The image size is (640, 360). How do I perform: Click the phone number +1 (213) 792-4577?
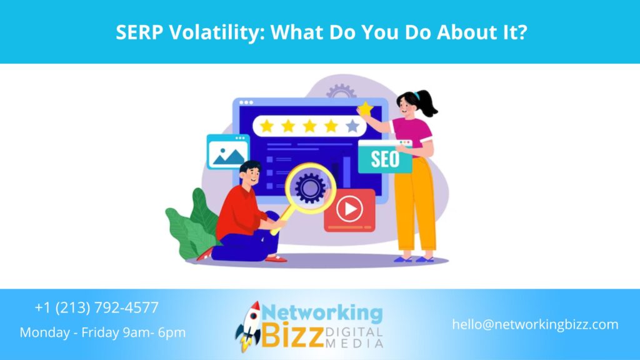(x=97, y=307)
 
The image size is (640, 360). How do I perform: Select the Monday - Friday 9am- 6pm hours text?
(x=102, y=332)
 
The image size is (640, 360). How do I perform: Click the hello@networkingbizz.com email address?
(x=535, y=324)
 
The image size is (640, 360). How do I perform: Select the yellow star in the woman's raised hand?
(x=365, y=110)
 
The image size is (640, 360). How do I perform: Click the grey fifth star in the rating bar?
(x=352, y=126)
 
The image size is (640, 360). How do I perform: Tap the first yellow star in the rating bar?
(x=267, y=126)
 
